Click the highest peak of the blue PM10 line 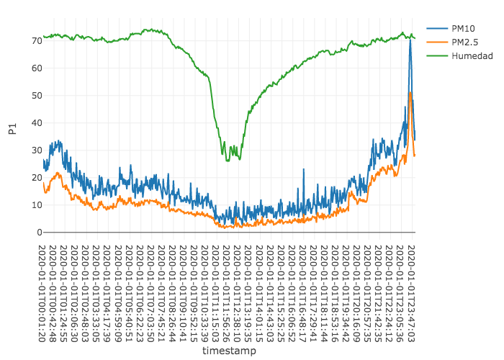click(x=410, y=40)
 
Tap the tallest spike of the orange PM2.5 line click(x=410, y=93)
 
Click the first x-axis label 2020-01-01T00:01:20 click(x=43, y=289)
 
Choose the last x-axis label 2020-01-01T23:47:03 click(x=412, y=289)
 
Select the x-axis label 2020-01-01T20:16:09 click(x=358, y=289)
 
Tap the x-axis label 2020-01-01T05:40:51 click(x=129, y=289)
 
